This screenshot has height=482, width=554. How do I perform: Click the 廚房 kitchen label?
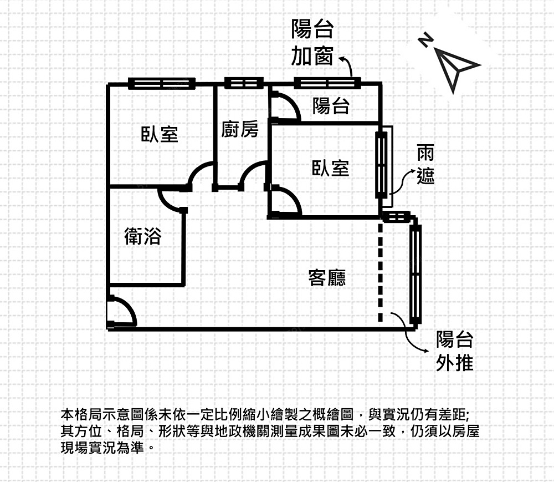(240, 130)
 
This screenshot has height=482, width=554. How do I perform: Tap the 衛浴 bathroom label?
(142, 237)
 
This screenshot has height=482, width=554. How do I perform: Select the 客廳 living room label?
(327, 277)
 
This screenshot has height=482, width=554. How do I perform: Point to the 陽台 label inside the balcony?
(331, 105)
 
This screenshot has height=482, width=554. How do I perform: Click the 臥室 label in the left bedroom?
(160, 134)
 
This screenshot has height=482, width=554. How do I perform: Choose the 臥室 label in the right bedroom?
(331, 168)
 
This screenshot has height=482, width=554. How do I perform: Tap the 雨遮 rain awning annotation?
(426, 165)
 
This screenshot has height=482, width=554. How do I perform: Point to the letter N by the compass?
(425, 40)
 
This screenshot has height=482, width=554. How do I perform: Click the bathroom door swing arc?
(171, 200)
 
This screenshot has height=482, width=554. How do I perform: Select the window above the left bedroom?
(162, 84)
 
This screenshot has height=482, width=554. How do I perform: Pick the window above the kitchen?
(244, 84)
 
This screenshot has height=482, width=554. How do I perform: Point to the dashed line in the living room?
(380, 272)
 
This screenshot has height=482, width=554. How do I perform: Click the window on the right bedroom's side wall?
(381, 165)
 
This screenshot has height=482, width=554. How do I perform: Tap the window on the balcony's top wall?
(327, 84)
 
